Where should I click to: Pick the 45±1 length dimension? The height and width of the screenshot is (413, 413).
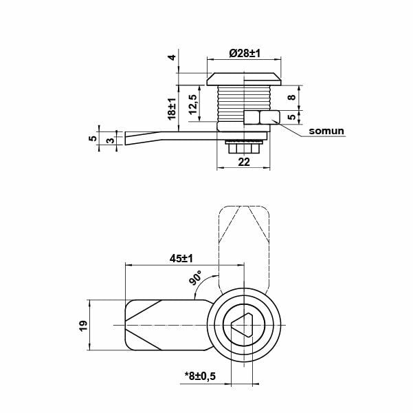pos(182,258)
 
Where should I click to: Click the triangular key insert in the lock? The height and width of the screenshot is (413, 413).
pos(244,324)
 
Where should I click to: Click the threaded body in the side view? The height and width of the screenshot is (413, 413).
pos(230,103)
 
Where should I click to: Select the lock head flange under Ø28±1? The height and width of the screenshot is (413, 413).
pos(243,76)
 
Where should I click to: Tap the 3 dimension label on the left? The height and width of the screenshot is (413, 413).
pos(109,140)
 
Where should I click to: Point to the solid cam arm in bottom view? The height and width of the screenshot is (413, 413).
pos(161,324)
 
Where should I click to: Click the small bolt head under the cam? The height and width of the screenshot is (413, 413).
pos(243,147)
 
